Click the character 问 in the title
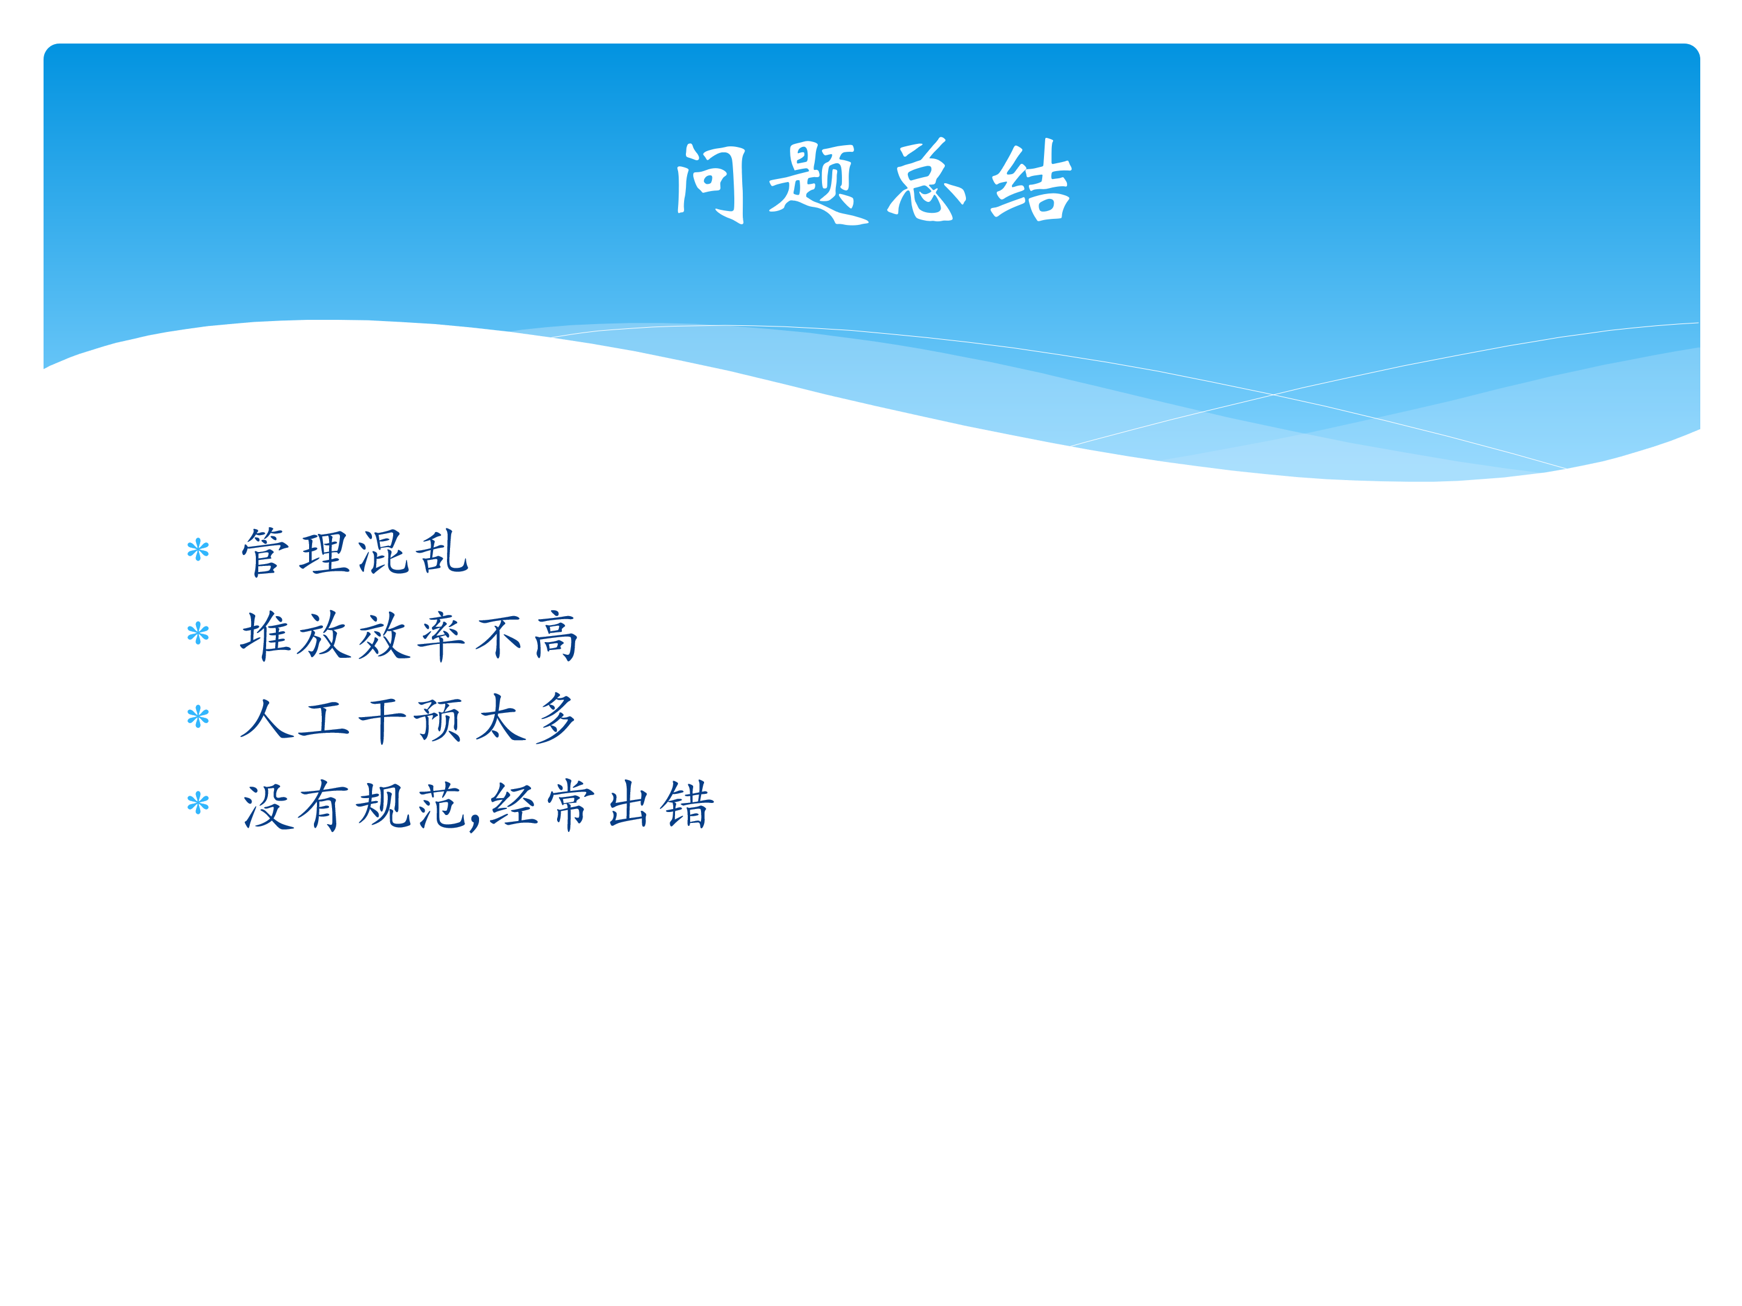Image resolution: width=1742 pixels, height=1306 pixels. [710, 183]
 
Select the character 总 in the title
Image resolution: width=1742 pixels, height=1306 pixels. [926, 180]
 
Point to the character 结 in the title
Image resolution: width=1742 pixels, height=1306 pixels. [1032, 181]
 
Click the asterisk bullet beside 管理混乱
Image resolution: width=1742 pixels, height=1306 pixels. [198, 550]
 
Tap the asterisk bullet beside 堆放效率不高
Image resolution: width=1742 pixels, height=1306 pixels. [198, 633]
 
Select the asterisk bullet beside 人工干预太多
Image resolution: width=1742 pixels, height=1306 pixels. [198, 716]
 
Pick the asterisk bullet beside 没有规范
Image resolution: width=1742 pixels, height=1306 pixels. [198, 803]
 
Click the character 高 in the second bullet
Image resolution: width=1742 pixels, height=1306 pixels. [556, 636]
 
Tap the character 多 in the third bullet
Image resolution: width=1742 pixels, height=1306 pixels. [556, 718]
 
